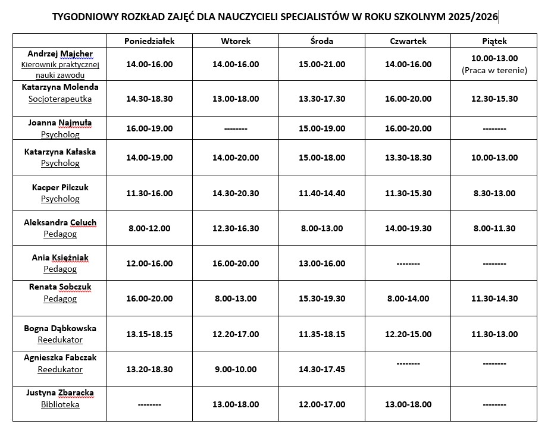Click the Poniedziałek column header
(149, 41)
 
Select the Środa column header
(322, 41)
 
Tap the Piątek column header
(494, 41)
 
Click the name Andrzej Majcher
(60, 54)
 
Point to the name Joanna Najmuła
(60, 123)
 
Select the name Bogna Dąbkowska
(60, 328)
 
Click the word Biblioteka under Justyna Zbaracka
(60, 405)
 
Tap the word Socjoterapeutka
(60, 99)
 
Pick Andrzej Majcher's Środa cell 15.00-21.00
(322, 64)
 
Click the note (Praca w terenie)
(494, 70)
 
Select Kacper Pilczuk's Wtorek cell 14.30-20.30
(236, 193)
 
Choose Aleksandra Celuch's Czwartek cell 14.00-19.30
(408, 228)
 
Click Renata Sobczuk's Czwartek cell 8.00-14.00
(408, 299)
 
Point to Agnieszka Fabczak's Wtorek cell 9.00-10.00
(236, 369)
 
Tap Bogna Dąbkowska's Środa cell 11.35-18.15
(322, 334)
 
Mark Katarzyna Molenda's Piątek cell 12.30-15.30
(494, 99)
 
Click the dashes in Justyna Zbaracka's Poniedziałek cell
(149, 405)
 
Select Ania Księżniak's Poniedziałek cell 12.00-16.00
(149, 263)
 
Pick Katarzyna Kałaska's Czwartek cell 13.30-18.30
(408, 158)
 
